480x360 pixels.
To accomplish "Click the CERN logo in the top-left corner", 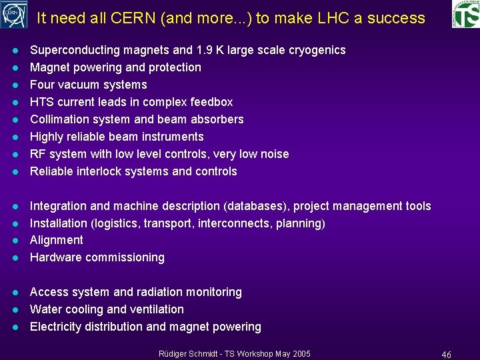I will point(14,15).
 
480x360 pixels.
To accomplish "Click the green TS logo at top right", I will point(465,15).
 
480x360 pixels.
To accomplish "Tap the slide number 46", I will point(446,354).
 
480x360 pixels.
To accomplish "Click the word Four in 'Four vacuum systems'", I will point(43,85).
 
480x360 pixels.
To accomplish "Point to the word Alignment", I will point(57,240).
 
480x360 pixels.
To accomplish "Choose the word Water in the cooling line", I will point(45,309).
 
